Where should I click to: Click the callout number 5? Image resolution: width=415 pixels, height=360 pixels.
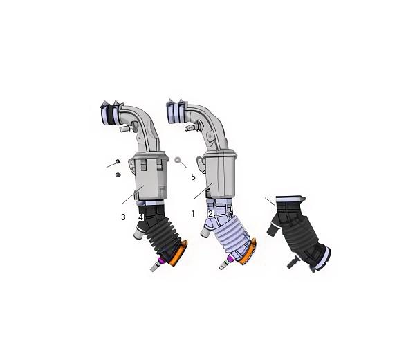(193, 177)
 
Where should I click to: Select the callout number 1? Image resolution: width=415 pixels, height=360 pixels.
(193, 214)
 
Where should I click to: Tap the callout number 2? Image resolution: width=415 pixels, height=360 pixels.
(211, 214)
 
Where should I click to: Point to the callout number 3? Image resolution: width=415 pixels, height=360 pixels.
(123, 217)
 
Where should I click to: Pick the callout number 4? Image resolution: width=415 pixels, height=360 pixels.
(141, 217)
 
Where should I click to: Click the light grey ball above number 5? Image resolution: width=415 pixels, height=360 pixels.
(178, 160)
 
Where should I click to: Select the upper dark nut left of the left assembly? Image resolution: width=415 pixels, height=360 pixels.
(118, 161)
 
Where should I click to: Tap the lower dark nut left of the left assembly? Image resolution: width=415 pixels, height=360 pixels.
(118, 174)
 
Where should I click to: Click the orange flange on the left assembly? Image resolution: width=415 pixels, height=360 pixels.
(178, 253)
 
